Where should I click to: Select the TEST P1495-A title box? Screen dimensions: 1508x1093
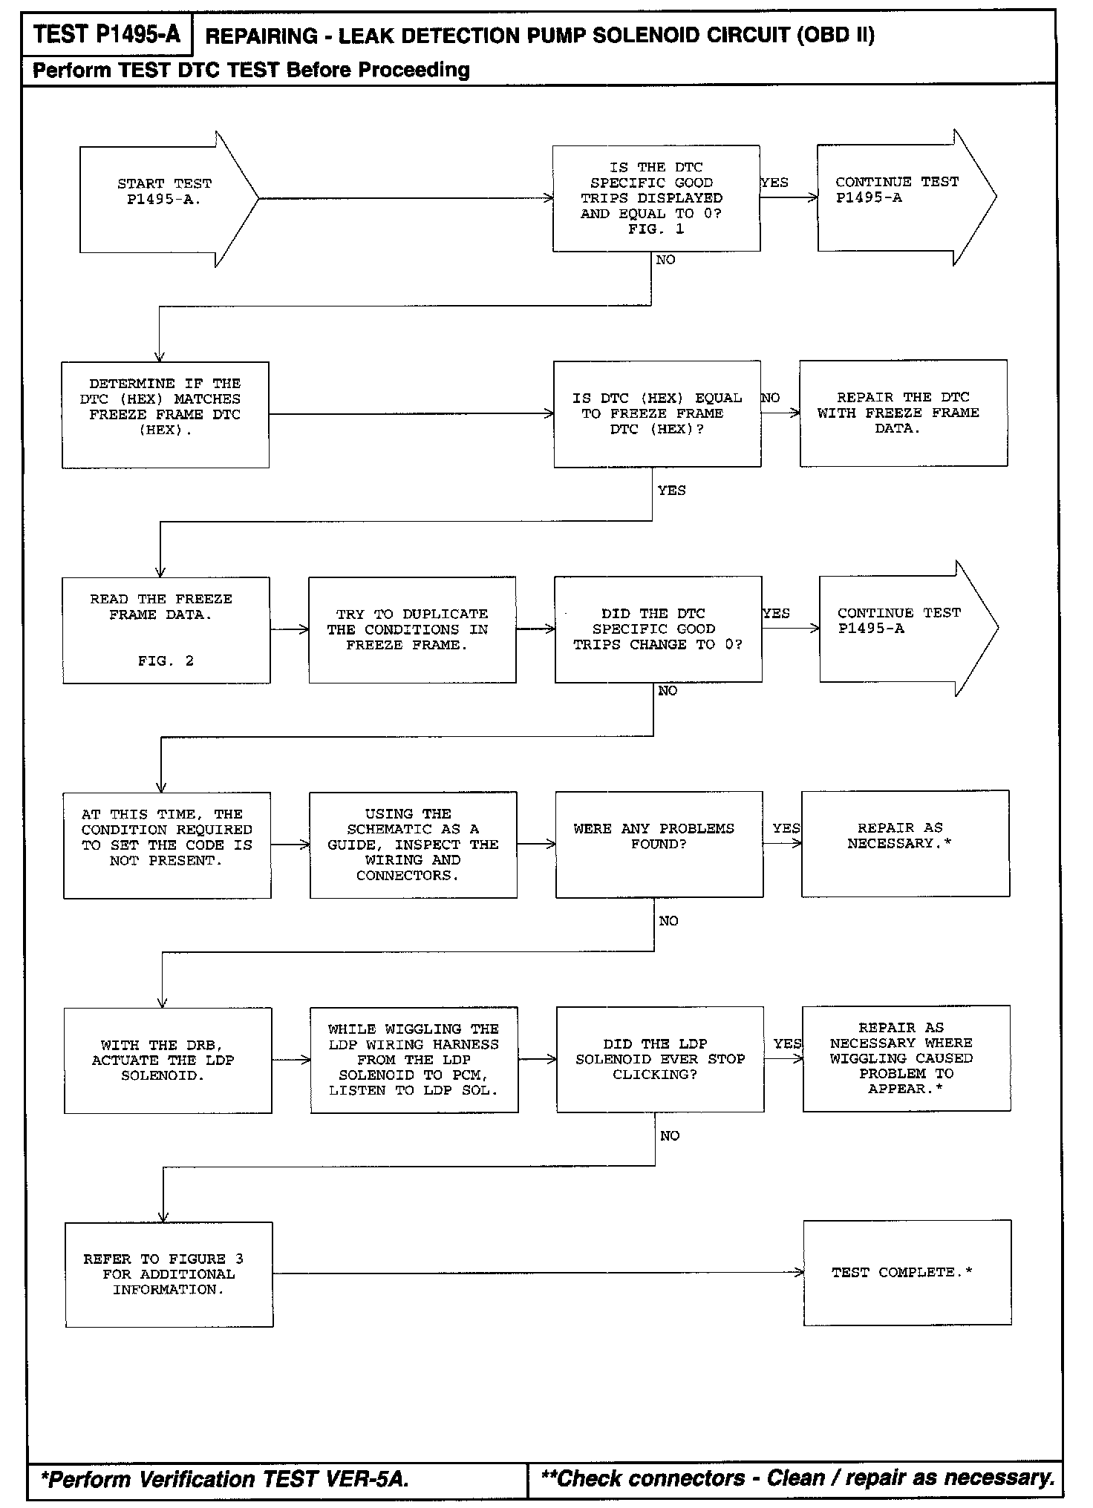pos(107,35)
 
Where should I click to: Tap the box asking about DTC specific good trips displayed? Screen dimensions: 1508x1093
pos(656,198)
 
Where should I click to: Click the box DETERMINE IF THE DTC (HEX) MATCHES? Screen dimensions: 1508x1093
pos(165,414)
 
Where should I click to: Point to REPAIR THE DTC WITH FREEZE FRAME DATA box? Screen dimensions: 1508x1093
pos(903,413)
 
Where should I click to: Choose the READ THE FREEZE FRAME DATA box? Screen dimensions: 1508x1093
pos(166,629)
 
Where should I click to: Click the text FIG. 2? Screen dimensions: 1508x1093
pos(166,660)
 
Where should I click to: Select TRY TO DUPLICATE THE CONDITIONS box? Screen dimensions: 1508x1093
pos(412,629)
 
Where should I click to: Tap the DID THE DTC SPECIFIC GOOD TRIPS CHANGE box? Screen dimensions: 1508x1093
pos(658,629)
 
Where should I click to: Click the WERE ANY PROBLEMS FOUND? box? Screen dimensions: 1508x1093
pos(659,845)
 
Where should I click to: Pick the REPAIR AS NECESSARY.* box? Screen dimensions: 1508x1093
pos(904,843)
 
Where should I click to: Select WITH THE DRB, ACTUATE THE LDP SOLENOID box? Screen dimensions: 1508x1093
pos(167,1060)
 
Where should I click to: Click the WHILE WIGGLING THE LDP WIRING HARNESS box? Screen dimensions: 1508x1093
pos(414,1060)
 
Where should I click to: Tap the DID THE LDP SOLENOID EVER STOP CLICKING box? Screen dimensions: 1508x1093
pos(659,1059)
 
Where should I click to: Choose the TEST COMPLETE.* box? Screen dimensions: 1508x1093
pos(907,1273)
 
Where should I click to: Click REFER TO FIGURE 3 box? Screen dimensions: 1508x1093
pos(169,1274)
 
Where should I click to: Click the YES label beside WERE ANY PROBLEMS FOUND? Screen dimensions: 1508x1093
pos(786,828)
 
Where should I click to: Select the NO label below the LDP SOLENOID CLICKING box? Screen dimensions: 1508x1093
pos(669,1135)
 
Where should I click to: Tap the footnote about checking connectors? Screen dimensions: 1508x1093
pos(797,1478)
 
